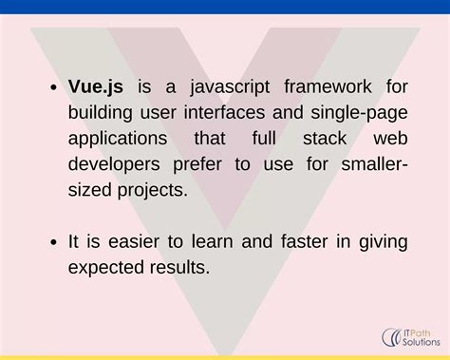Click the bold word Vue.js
coord(96,88)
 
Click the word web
coord(391,140)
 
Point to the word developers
coord(113,165)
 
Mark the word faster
coord(304,242)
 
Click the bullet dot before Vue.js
coord(53,89)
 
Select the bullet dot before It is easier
coord(53,243)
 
